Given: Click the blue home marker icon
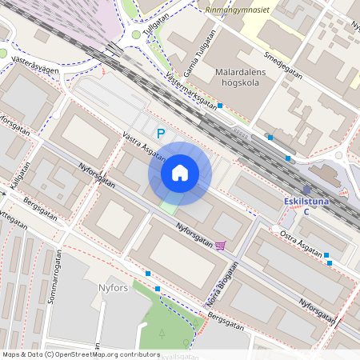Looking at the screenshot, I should point(179,173).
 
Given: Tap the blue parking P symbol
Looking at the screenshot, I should point(160,134).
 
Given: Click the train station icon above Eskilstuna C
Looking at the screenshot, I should point(306,190).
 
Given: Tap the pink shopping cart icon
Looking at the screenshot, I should point(221,246).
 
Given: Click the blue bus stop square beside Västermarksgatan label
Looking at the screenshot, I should point(220,106).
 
